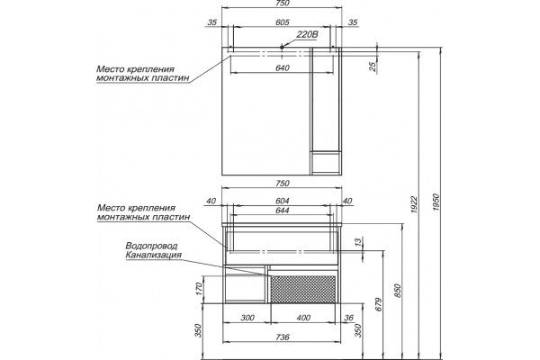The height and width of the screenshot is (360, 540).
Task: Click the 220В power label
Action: click(x=308, y=34)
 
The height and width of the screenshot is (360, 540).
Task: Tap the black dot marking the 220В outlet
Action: click(x=282, y=47)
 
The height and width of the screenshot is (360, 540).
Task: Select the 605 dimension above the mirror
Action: click(x=282, y=22)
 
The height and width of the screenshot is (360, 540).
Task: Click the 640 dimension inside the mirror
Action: click(x=282, y=67)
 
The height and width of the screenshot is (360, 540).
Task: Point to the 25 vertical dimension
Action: click(x=373, y=66)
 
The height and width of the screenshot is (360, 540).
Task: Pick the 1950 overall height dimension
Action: click(x=436, y=202)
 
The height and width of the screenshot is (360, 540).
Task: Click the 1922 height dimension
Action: click(x=414, y=204)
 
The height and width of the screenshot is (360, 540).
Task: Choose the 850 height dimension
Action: click(x=398, y=291)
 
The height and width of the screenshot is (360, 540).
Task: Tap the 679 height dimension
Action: click(x=379, y=304)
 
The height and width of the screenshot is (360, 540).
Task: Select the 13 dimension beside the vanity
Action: click(x=359, y=242)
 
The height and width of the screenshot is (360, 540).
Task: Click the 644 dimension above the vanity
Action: click(x=282, y=210)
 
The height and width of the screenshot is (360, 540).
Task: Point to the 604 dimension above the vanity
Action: click(x=282, y=201)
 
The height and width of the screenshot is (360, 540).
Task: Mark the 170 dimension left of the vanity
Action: click(x=198, y=290)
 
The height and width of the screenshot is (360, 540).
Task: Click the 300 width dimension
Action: click(x=247, y=318)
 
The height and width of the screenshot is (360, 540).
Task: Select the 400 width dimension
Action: click(x=303, y=318)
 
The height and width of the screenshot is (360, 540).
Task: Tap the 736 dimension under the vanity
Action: click(x=282, y=337)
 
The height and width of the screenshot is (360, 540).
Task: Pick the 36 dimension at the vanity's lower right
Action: click(x=349, y=318)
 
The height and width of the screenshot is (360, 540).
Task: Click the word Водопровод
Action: click(x=151, y=246)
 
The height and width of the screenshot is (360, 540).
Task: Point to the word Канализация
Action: click(x=153, y=256)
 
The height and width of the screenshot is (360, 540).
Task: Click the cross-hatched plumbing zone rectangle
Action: click(x=302, y=289)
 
